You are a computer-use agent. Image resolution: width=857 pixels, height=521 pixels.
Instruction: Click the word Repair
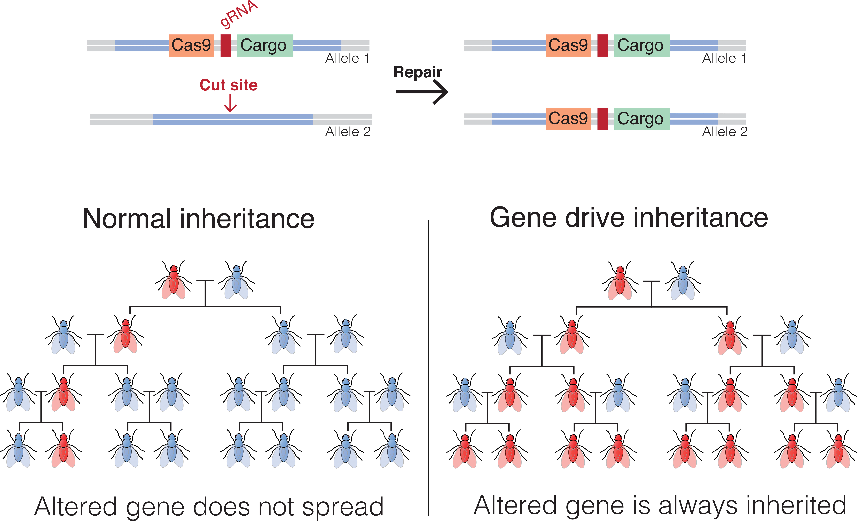tap(417, 72)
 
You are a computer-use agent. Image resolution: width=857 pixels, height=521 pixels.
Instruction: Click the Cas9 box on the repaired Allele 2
tap(568, 119)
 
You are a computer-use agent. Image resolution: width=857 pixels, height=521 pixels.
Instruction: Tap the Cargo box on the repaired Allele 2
tap(641, 119)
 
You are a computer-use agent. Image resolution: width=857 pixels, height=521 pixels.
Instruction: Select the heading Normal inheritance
tap(198, 219)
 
